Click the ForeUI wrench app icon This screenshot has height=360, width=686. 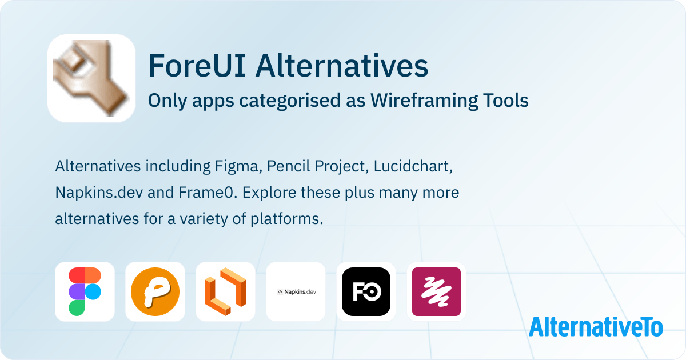[91, 78]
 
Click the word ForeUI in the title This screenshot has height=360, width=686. [197, 66]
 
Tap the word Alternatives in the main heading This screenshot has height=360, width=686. [342, 66]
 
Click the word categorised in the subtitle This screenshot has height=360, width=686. [290, 101]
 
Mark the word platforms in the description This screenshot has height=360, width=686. [287, 219]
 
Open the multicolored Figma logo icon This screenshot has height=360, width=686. [85, 292]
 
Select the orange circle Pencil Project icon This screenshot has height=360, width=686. [155, 292]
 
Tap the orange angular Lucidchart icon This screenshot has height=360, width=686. [225, 292]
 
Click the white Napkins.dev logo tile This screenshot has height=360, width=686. [296, 292]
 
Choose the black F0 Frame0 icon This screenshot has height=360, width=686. [366, 292]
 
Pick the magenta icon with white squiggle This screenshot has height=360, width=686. [436, 292]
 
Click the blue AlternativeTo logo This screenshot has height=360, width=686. [596, 327]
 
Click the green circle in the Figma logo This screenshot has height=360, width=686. [77, 307]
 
